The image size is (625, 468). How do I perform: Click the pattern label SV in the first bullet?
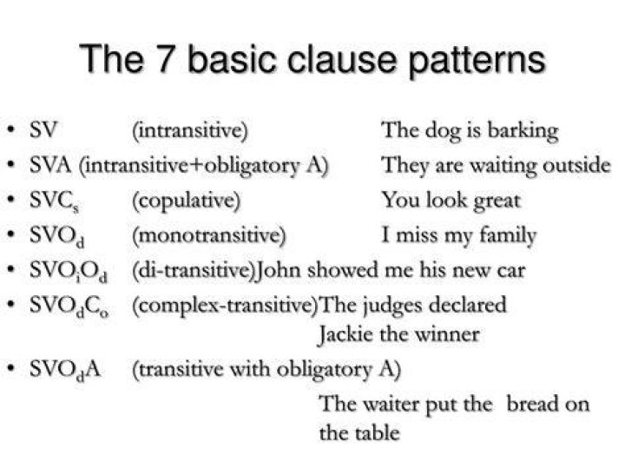(x=43, y=130)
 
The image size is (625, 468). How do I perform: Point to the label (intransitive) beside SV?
(x=190, y=130)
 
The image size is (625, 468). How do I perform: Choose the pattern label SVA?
(x=50, y=165)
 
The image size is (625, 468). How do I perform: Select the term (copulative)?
(x=186, y=201)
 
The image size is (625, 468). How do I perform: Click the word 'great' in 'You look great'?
(x=497, y=201)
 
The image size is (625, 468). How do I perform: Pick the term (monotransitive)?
(x=209, y=235)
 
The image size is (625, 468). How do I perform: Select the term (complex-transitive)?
(x=226, y=306)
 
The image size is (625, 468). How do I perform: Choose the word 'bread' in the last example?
(x=531, y=404)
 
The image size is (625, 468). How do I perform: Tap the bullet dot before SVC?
(x=12, y=199)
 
